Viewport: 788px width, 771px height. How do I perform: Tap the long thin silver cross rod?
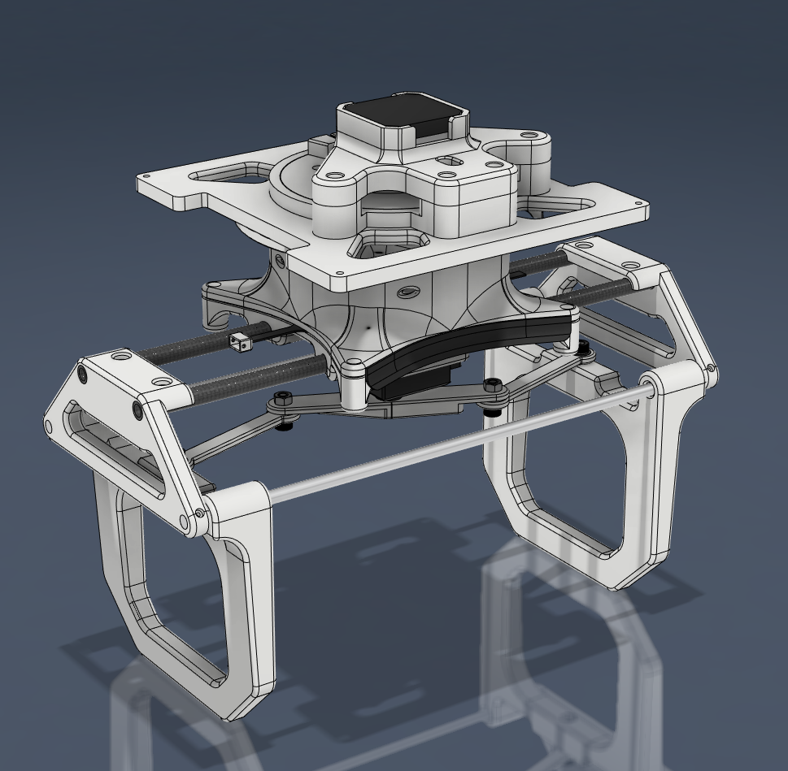[x=455, y=443]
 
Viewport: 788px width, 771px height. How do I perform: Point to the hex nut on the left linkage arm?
[x=281, y=399]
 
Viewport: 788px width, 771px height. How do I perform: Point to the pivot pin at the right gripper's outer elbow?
[x=713, y=370]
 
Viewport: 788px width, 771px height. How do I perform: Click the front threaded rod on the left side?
[x=244, y=375]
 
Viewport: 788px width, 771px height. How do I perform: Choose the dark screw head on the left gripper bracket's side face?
[x=82, y=375]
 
